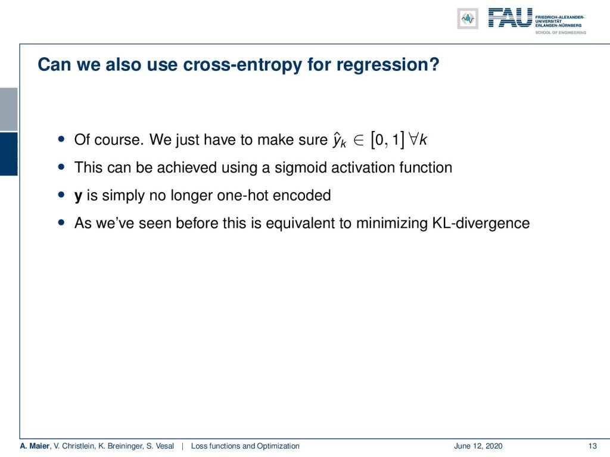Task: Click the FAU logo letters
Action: point(510,18)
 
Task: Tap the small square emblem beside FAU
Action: point(468,18)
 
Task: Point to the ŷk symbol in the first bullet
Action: point(339,140)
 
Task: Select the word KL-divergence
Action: point(481,223)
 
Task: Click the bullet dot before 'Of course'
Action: point(61,139)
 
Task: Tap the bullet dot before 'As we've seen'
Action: point(61,223)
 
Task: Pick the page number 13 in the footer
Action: point(593,446)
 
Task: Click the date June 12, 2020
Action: point(478,446)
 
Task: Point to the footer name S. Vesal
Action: point(160,446)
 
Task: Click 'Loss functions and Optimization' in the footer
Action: point(245,446)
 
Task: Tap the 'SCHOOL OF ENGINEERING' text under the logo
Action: point(561,33)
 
